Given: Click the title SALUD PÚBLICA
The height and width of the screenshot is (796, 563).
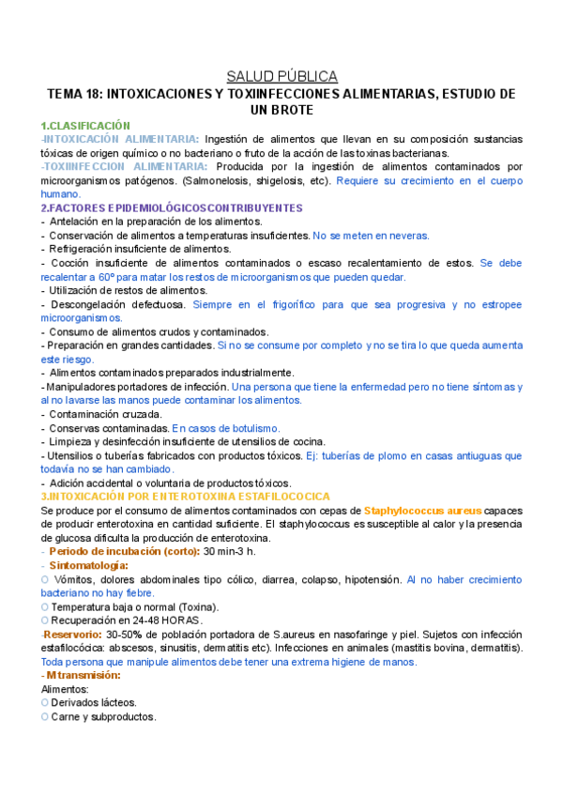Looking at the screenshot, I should [x=281, y=76].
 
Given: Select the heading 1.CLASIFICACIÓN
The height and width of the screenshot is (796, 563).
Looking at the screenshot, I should [x=85, y=126].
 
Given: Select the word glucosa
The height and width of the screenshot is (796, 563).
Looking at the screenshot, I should [x=63, y=538].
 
